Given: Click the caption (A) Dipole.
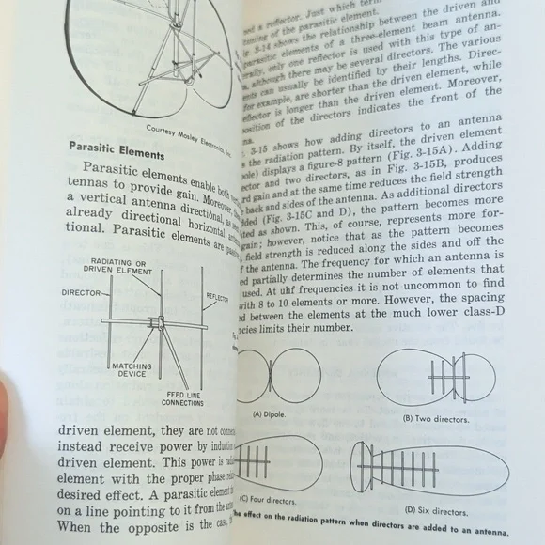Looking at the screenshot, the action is pos(270,413).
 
